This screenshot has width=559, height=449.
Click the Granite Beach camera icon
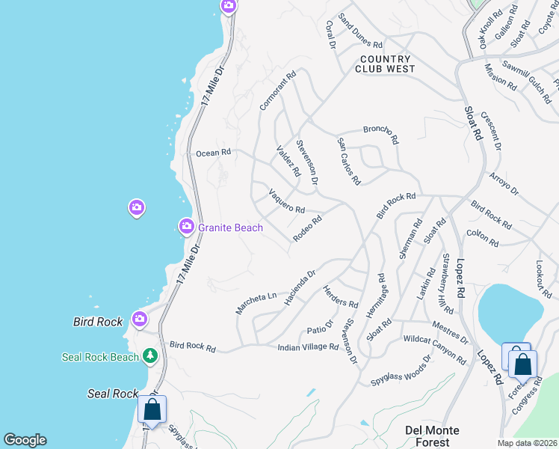186,225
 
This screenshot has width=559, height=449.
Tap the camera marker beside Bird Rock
140,320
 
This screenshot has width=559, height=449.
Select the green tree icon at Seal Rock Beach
150,355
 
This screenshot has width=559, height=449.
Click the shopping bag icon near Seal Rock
152,410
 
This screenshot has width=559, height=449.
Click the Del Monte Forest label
432,436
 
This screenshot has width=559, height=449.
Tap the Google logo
25,440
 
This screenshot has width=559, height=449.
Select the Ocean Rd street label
213,153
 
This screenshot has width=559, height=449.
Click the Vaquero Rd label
286,203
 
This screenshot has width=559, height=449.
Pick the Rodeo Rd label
307,228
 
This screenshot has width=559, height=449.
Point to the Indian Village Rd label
308,347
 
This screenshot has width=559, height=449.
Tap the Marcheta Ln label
256,301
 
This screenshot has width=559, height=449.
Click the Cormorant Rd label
278,91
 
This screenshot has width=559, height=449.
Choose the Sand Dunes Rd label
360,29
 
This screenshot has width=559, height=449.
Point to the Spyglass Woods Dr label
401,371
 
